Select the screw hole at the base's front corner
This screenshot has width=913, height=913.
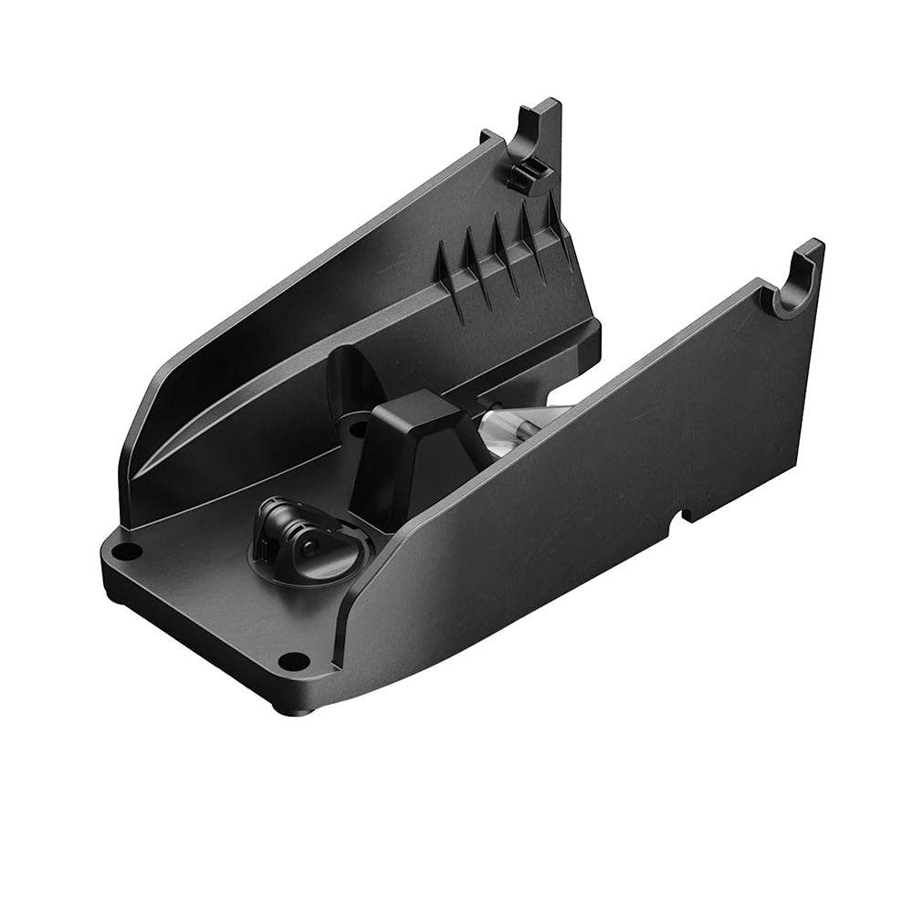pyautogui.click(x=291, y=659)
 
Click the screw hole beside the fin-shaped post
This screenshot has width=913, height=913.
pyautogui.click(x=357, y=427)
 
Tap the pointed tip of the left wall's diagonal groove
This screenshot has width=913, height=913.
pyautogui.click(x=137, y=484)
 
